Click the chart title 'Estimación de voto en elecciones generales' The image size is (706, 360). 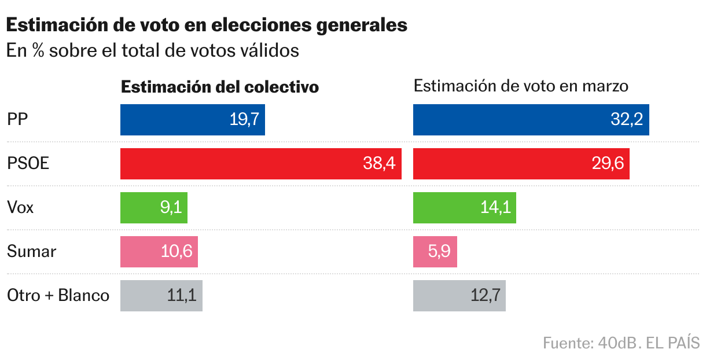tap(207, 25)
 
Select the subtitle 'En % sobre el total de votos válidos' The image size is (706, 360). tap(153, 51)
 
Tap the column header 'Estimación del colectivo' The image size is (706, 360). tap(220, 87)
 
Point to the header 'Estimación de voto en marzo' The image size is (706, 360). tap(521, 86)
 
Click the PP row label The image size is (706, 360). tap(18, 120)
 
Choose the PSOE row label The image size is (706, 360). tap(28, 164)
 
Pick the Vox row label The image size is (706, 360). tap(20, 207)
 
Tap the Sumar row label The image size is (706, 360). tap(32, 251)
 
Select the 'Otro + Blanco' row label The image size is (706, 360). tap(58, 295)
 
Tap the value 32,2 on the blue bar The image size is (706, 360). tap(627, 120)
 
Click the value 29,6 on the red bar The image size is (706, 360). tap(608, 164)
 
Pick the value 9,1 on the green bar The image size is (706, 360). tap(171, 207)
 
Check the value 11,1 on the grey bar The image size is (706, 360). tap(182, 295)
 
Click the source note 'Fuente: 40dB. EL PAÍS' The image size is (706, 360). tap(621, 343)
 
